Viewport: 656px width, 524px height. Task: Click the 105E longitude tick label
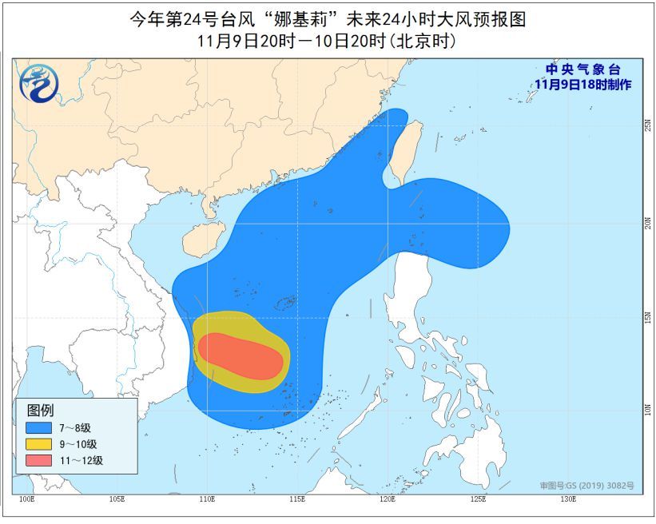point(117,500)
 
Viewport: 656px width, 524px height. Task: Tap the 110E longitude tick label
point(207,500)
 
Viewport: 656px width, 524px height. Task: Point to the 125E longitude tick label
point(478,500)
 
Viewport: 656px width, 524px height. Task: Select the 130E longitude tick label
point(568,500)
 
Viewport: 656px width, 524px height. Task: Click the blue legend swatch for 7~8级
point(36,427)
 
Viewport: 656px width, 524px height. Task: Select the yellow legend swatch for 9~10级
point(36,443)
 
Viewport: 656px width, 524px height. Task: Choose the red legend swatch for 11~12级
point(36,460)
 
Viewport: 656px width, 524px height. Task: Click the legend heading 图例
point(39,410)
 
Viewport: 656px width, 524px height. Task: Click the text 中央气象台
point(582,70)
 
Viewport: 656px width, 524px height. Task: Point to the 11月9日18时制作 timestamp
point(582,84)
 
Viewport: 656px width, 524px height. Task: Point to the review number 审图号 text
point(586,486)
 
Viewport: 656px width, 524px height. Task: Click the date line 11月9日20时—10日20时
point(328,41)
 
